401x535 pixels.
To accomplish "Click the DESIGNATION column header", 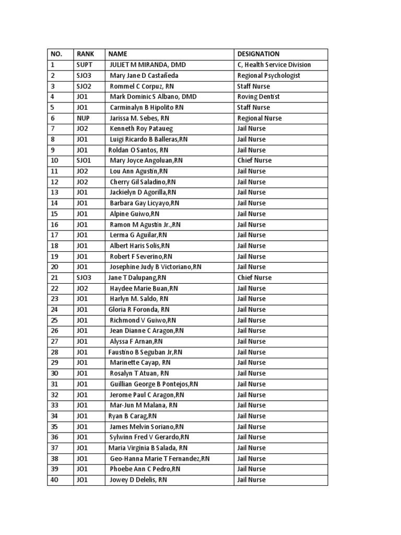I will click(x=258, y=54).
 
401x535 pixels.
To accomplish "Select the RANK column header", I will click(x=85, y=54).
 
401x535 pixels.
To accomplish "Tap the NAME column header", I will click(x=117, y=54).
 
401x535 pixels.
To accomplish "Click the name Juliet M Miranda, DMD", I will click(x=148, y=65).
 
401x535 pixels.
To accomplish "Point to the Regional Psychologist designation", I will click(x=269, y=75).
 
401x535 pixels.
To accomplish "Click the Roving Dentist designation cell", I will click(x=258, y=97).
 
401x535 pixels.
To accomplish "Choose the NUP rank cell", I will click(x=83, y=118).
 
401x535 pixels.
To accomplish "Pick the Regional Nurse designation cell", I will click(x=260, y=118).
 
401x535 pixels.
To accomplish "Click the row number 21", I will click(x=54, y=277).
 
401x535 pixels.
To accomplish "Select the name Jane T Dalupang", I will click(x=137, y=277).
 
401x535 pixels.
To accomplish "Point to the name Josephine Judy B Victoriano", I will click(x=156, y=267).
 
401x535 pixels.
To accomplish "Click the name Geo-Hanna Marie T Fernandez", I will click(x=160, y=458).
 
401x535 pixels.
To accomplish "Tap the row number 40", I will click(x=54, y=480).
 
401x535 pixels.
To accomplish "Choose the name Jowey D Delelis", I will click(x=138, y=480).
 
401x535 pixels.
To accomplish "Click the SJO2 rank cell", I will click(x=84, y=86).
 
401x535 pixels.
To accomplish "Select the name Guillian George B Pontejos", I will click(x=154, y=384).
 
